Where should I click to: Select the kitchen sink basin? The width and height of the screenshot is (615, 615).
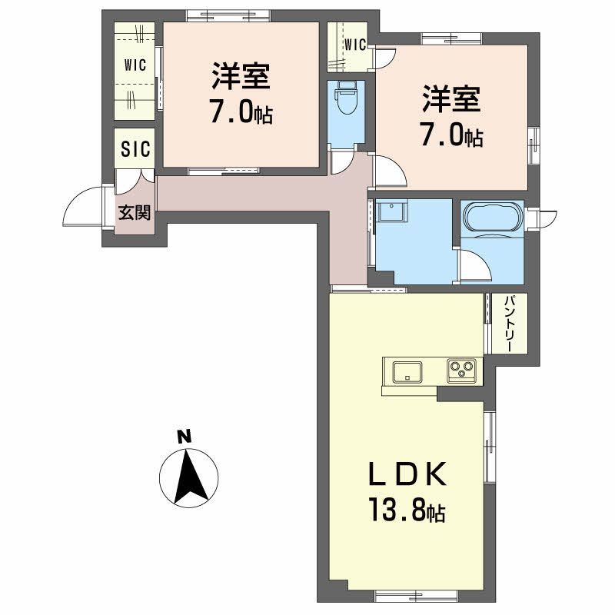pos(405,372)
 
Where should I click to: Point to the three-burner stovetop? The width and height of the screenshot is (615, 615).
pos(463,371)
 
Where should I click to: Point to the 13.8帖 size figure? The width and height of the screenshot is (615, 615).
pos(405,510)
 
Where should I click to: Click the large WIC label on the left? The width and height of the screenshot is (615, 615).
pos(135,65)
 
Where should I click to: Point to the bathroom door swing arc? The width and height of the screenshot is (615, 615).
pos(477,265)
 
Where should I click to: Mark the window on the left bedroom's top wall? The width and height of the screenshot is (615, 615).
pos(228,14)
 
